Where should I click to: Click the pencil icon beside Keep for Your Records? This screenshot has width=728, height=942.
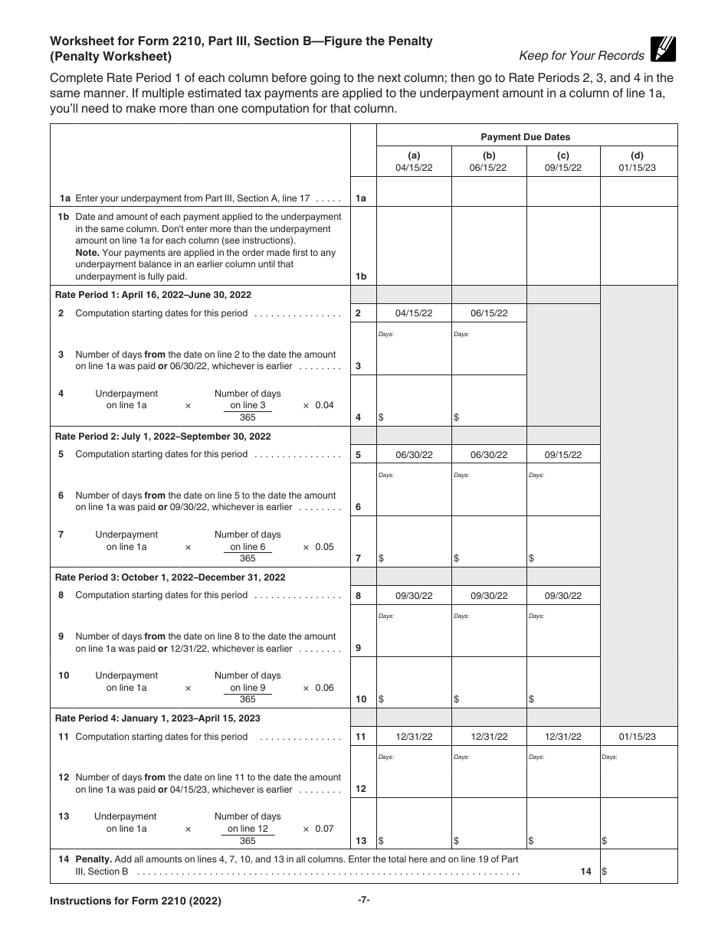pos(664,49)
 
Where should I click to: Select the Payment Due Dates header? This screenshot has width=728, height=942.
pos(526,137)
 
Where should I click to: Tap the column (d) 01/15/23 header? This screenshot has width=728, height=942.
pos(637,162)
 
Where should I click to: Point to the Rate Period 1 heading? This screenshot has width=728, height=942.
pos(153,295)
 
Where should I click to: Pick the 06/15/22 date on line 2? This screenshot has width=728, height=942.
pos(488,313)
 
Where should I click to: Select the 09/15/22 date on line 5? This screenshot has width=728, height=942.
pos(563,455)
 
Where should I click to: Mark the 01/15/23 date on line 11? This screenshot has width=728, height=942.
pos(637,737)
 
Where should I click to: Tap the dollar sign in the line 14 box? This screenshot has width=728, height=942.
pos(605,872)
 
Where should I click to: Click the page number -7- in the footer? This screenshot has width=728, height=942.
pos(364,901)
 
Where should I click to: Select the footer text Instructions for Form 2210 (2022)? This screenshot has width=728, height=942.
pos(136,901)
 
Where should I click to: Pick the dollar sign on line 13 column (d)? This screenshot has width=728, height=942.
pos(605,841)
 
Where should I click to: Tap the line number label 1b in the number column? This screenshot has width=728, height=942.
pos(362,276)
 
